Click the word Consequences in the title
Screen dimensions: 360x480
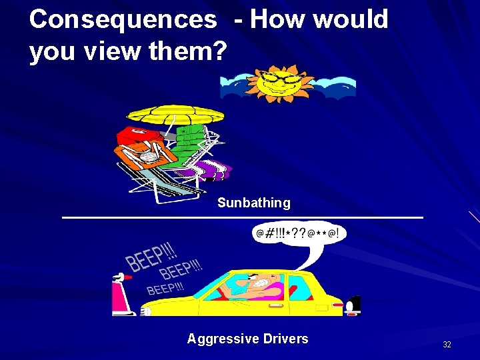point(123,19)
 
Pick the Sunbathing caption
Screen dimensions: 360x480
point(253,203)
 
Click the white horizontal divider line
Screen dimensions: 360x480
point(242,217)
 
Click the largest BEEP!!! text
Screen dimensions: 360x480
point(152,256)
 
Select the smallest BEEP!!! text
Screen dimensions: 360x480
point(165,289)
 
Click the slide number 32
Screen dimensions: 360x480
point(447,345)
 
